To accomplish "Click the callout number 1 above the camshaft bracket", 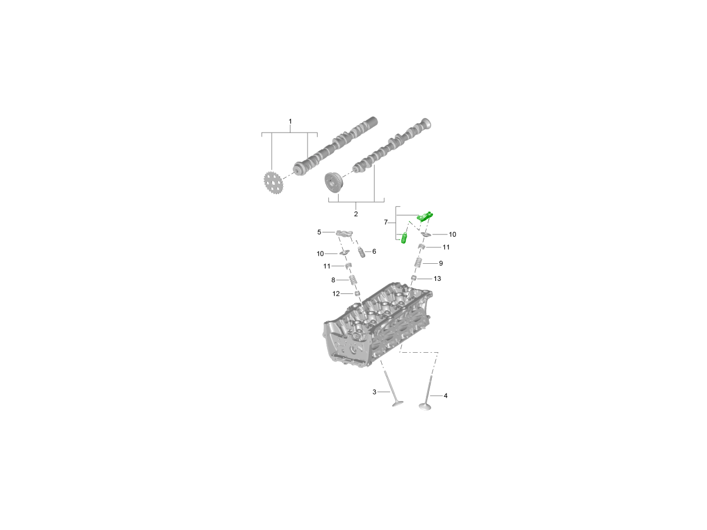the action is point(290,121).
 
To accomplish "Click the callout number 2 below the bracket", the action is point(356,214).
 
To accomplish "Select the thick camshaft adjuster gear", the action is point(334,183).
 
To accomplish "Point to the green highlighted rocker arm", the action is point(425,216).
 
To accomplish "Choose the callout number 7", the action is point(385,223).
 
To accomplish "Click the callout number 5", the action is point(319,232).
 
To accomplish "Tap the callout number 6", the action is point(374,251).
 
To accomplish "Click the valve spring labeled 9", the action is point(418,263).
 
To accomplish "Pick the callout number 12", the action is point(336,294).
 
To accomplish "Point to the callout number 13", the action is point(437,279).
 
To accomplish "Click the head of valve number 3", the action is point(398,403).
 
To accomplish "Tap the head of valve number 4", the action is point(425,407).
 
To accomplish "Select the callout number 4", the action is point(445,396).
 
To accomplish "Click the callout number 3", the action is point(374,392).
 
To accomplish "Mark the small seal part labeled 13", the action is point(414,278).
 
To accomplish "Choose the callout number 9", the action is point(441,263).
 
